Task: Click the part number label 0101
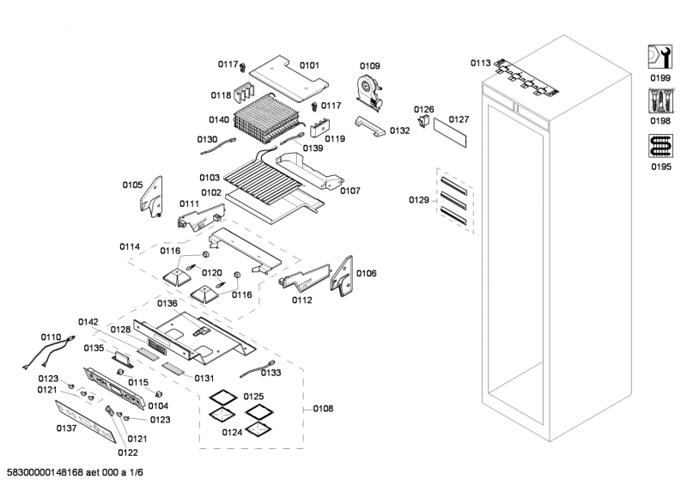coord(309,65)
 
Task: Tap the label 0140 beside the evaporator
coord(220,120)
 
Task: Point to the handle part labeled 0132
coord(372,128)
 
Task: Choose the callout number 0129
coord(418,200)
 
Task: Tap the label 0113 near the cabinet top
coord(480,63)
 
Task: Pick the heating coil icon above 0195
coord(659,148)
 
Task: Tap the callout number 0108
coord(324,410)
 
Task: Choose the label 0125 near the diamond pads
coord(253,396)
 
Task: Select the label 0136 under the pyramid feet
coord(167,303)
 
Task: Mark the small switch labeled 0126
coord(423,122)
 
